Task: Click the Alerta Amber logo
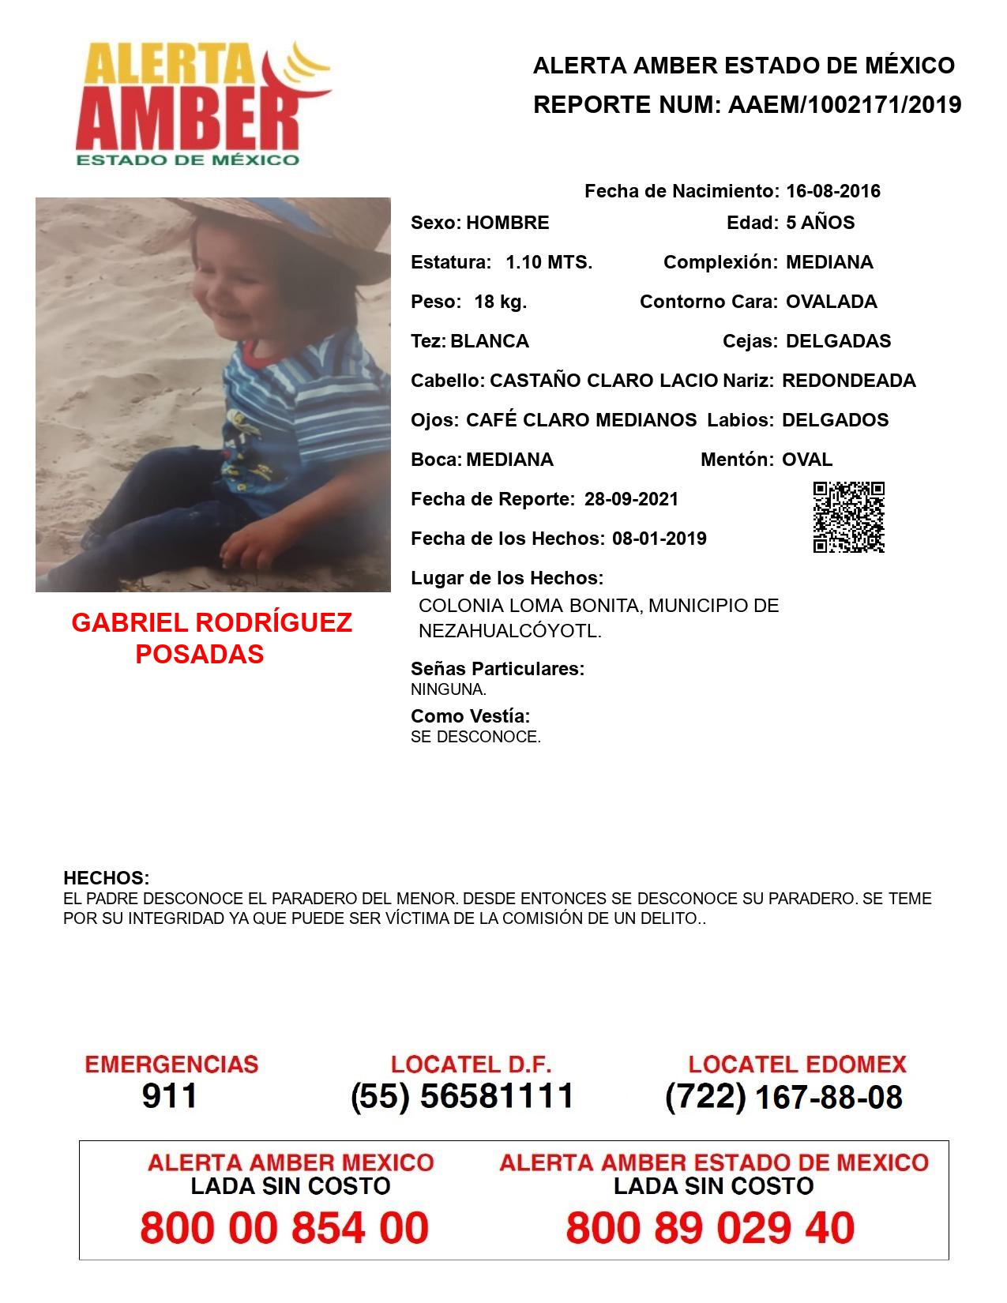[x=202, y=103]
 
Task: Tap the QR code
[x=848, y=516]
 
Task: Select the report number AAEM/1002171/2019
[x=844, y=104]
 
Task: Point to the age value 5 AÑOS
[x=820, y=223]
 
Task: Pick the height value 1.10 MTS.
[x=549, y=262]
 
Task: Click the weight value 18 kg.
[x=500, y=302]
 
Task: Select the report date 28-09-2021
[x=631, y=499]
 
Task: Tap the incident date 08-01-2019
[x=659, y=539]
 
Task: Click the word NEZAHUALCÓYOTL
[x=509, y=632]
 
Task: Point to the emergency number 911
[x=170, y=1096]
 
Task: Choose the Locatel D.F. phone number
[x=462, y=1096]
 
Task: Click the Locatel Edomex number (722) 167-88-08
[x=783, y=1097]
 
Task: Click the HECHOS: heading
[x=106, y=878]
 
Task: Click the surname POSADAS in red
[x=200, y=654]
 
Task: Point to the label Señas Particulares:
[x=497, y=669]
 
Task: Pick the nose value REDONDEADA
[x=848, y=381]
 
